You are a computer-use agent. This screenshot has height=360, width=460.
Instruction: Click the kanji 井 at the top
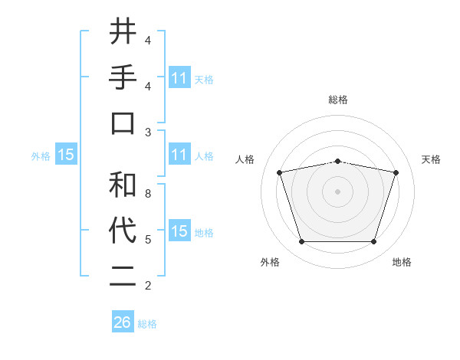(x=123, y=33)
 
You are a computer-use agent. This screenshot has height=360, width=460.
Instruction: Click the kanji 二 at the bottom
(x=123, y=277)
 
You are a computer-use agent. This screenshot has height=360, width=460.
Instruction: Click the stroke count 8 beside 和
(x=147, y=194)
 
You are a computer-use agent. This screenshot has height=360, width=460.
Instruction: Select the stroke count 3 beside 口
(x=147, y=133)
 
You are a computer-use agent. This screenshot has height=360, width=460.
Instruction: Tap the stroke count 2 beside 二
(x=147, y=286)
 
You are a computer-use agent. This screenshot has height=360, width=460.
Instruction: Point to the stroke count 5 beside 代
(x=147, y=240)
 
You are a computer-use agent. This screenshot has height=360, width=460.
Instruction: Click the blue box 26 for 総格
(x=122, y=322)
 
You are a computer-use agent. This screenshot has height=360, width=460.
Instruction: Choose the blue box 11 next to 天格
(x=179, y=78)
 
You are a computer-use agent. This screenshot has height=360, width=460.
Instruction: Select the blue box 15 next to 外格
(x=65, y=155)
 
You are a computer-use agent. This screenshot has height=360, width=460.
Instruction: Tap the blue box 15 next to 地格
(x=179, y=231)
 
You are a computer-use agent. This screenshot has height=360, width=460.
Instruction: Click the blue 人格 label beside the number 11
(x=204, y=156)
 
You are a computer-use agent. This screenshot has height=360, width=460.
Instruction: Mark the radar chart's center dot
(x=337, y=191)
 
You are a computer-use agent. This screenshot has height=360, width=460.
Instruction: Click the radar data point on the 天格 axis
(x=396, y=172)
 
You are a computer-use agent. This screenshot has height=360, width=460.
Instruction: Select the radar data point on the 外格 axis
(x=301, y=241)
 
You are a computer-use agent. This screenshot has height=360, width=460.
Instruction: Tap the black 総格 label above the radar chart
(x=337, y=100)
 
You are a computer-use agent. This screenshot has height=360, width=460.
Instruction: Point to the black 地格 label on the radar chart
(x=402, y=263)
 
